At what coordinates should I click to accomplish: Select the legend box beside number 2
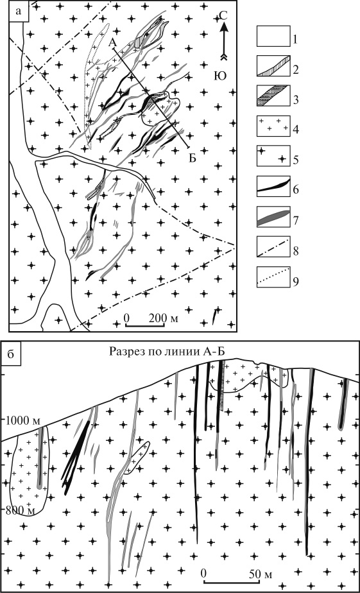point(273,66)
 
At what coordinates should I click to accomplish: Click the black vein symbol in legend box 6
point(273,185)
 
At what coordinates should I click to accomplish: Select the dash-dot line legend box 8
point(273,246)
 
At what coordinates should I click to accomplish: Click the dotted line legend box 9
point(273,277)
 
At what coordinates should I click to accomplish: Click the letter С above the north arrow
point(224,16)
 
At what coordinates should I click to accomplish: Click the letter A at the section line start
point(112,44)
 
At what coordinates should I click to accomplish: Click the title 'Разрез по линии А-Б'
point(167,351)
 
